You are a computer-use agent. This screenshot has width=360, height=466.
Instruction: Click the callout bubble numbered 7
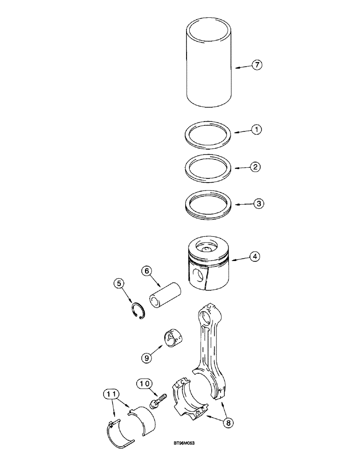257,66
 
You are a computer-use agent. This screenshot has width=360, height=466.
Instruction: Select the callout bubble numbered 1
257,131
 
